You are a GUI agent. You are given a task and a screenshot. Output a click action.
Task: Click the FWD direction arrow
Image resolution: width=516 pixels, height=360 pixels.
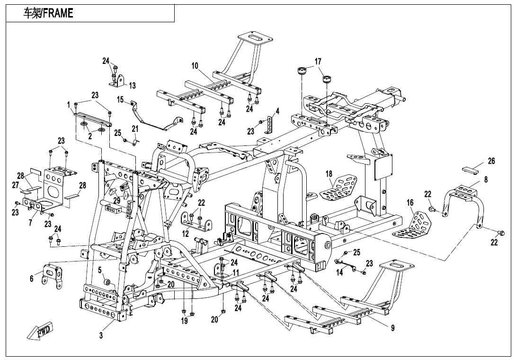39,330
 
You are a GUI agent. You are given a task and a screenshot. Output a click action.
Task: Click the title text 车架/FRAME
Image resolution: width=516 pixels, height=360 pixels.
48,13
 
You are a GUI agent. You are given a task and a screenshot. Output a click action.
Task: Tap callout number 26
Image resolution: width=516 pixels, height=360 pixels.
491,161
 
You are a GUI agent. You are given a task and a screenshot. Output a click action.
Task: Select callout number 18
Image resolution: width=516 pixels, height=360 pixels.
329,174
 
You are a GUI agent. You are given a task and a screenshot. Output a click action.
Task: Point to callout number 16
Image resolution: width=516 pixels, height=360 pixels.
410,202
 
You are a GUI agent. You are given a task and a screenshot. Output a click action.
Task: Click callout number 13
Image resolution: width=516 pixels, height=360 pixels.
132,86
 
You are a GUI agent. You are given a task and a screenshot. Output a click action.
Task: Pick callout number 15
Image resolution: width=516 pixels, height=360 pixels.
120,99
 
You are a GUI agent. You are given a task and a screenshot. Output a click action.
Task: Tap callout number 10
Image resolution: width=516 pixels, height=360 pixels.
195,65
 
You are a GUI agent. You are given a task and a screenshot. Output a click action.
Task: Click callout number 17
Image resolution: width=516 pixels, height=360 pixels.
318,61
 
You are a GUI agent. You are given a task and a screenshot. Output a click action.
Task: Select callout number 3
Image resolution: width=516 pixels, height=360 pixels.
101,335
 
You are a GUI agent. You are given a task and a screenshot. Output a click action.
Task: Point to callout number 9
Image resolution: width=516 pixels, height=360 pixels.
392,328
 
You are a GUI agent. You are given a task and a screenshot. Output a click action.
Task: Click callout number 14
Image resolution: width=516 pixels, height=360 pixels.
339,272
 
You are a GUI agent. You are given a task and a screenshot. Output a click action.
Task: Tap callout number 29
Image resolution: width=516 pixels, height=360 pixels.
116,200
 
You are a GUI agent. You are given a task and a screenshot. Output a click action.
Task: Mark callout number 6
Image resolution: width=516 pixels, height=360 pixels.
32,279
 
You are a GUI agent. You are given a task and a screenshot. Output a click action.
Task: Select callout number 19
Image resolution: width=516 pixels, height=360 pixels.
184,320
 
